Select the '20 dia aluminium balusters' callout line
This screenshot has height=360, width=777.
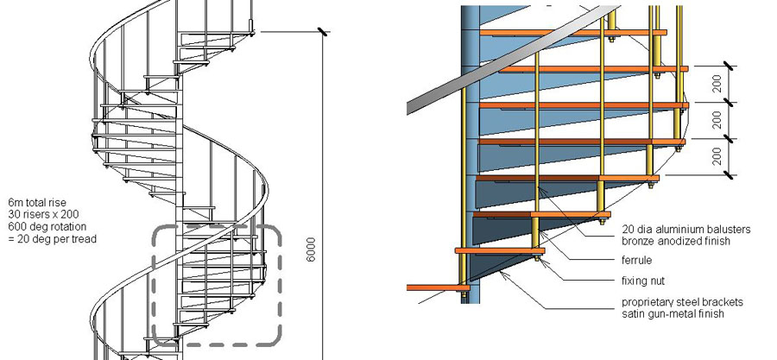pyautogui.click(x=686, y=229)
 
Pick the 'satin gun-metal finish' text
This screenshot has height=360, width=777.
pyautogui.click(x=673, y=315)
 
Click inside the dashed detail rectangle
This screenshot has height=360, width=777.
pyautogui.click(x=216, y=285)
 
